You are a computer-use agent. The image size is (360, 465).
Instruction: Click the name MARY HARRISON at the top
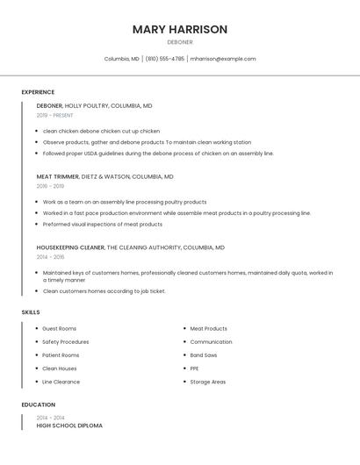click(x=180, y=29)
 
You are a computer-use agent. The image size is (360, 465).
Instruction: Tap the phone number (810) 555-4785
click(x=165, y=59)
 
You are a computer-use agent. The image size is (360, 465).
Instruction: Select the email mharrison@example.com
click(x=223, y=59)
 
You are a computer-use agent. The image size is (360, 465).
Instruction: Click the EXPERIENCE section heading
click(x=38, y=92)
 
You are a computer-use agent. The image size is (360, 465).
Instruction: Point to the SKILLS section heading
click(x=31, y=312)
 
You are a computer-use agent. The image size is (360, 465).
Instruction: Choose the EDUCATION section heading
click(x=38, y=405)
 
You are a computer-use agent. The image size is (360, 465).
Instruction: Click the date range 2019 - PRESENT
click(x=55, y=115)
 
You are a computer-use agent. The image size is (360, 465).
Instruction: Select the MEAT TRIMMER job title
click(x=57, y=176)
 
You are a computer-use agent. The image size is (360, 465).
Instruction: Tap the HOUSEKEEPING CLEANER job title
click(x=70, y=247)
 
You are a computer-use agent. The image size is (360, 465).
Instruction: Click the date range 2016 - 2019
click(x=50, y=186)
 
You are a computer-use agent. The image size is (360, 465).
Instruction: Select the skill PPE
click(x=195, y=368)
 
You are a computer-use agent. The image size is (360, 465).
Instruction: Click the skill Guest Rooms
click(x=60, y=329)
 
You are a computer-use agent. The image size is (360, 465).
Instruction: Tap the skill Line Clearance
click(x=61, y=382)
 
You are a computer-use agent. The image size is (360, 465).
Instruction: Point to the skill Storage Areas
click(x=208, y=382)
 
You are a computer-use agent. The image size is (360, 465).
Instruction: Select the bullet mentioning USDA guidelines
click(x=158, y=154)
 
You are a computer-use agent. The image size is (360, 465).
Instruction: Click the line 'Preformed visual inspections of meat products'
click(x=103, y=224)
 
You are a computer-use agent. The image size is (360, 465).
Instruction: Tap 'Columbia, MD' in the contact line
click(x=122, y=59)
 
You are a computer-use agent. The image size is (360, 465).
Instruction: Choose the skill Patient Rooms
click(x=61, y=355)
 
